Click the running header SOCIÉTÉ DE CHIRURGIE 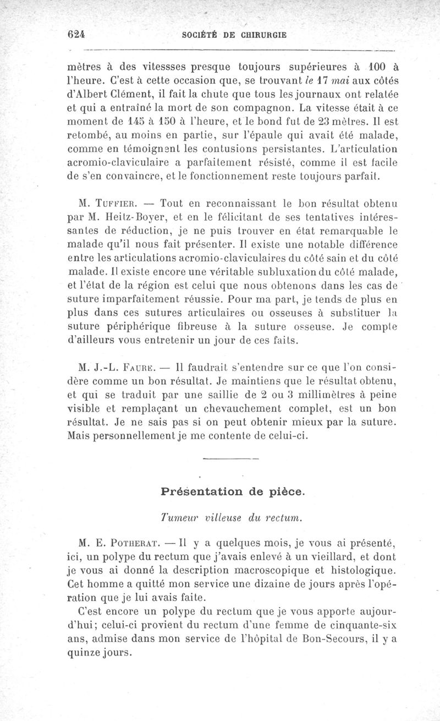234,34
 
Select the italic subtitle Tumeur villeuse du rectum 233,517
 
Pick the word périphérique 142,326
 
